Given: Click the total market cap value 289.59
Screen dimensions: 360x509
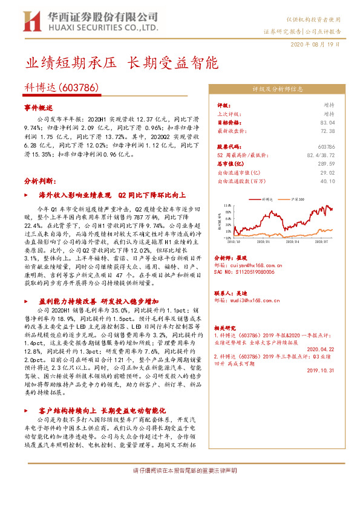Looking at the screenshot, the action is [x=326, y=163].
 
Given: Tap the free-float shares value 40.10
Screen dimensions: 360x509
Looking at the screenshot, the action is [x=327, y=180].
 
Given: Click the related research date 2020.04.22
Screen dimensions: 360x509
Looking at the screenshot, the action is [x=321, y=349].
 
